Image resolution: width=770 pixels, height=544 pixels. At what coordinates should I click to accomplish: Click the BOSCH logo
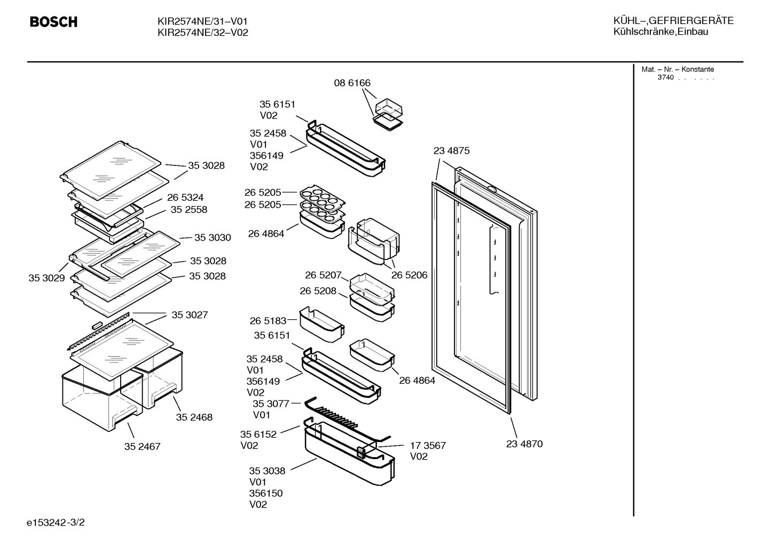click(53, 22)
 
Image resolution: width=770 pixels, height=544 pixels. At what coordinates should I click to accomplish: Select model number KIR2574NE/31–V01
click(202, 21)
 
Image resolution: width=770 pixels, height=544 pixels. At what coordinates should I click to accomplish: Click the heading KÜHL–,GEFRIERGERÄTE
click(673, 21)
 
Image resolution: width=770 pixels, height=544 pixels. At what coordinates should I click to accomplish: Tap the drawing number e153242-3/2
click(56, 522)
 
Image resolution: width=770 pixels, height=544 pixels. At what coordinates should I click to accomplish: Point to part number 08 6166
click(352, 83)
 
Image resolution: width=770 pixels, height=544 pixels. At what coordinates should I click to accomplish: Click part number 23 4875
click(451, 151)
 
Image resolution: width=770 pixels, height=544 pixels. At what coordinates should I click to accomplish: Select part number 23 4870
click(524, 444)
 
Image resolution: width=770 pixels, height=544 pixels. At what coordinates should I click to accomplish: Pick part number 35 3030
click(213, 238)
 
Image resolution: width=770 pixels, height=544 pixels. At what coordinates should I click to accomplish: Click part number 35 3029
click(46, 278)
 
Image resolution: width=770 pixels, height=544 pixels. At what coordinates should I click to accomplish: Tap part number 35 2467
click(143, 446)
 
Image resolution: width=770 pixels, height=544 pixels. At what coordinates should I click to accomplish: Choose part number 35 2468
click(194, 417)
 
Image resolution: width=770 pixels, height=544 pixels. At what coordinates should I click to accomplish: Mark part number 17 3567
click(428, 445)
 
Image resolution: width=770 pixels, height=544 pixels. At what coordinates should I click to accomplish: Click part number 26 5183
click(268, 321)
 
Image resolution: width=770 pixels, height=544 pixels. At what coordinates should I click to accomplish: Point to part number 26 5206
click(410, 275)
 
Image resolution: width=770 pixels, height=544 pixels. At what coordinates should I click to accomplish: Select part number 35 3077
click(271, 404)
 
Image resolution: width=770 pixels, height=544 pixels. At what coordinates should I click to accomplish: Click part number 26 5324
click(185, 197)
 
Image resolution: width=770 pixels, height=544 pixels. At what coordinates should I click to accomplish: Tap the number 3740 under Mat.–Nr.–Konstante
click(665, 77)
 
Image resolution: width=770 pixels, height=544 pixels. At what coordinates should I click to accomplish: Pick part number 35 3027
click(190, 315)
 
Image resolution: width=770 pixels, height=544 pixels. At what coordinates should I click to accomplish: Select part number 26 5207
click(323, 275)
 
